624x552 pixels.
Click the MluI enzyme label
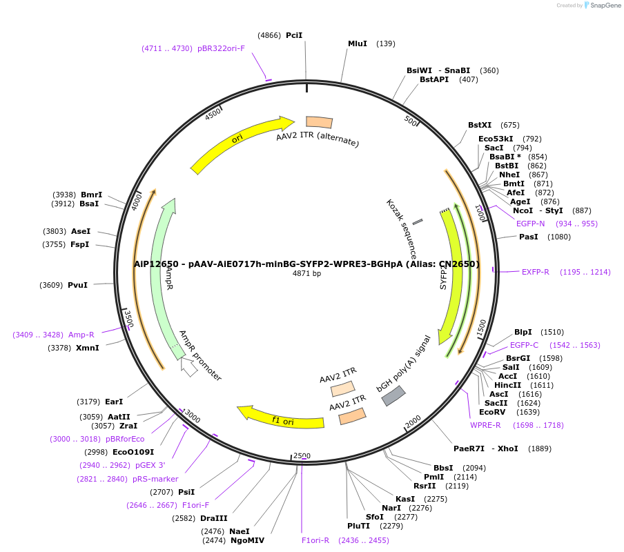(x=358, y=43)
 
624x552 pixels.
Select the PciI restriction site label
(x=294, y=35)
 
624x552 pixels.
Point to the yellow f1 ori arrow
(x=280, y=417)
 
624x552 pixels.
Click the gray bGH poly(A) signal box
(x=393, y=395)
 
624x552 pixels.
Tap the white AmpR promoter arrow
(x=188, y=367)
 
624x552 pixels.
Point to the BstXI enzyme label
(x=480, y=125)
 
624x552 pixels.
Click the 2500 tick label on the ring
(x=302, y=456)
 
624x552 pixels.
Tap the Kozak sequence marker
(x=418, y=221)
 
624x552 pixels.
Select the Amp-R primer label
(x=81, y=335)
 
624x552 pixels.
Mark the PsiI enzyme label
(x=186, y=492)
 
